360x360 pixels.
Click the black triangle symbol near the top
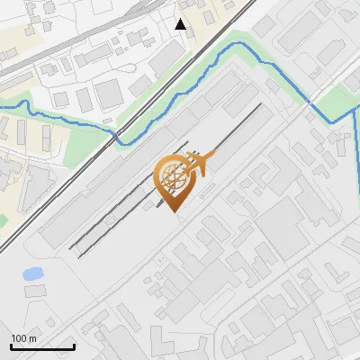pos(181,24)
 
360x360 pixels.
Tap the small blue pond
pos(32,273)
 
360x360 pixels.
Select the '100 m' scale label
pos(23,338)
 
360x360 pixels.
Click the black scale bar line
pos(42,346)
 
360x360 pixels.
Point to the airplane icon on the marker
pos(199,164)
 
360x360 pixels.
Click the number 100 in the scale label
pos(19,338)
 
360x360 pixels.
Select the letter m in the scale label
pos(31,338)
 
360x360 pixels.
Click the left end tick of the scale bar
pos(11,345)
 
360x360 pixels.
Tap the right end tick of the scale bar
pos(74,345)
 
